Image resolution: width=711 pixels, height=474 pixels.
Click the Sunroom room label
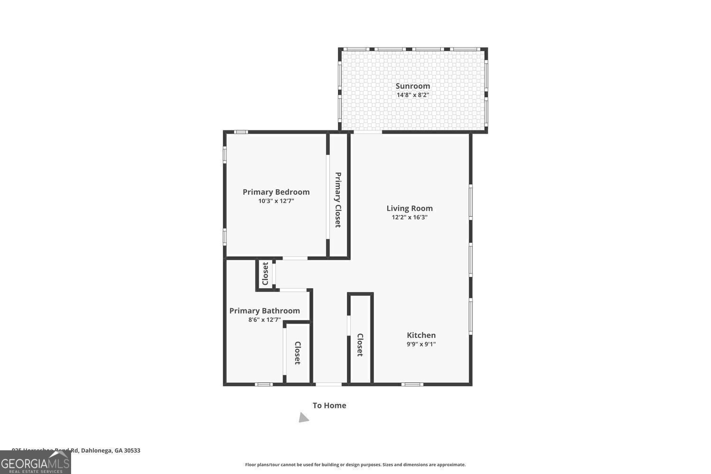pyautogui.click(x=412, y=86)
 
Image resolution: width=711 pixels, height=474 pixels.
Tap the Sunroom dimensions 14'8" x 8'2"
pyautogui.click(x=412, y=95)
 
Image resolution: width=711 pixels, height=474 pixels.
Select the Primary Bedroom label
pyautogui.click(x=276, y=192)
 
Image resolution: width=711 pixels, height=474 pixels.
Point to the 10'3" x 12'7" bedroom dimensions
pyautogui.click(x=276, y=201)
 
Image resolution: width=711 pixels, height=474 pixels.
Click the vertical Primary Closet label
pyautogui.click(x=338, y=200)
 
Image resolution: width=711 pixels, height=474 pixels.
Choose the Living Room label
pyautogui.click(x=410, y=208)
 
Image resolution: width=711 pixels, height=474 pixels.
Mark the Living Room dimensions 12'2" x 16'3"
pyautogui.click(x=410, y=217)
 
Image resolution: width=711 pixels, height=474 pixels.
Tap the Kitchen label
pyautogui.click(x=421, y=335)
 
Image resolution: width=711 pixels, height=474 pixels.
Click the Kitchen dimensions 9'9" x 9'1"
pyautogui.click(x=421, y=345)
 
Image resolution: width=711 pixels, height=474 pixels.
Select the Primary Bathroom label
pyautogui.click(x=264, y=310)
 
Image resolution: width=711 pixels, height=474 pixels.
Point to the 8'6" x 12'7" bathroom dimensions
pyautogui.click(x=264, y=319)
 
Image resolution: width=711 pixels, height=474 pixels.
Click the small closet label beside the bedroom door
pyautogui.click(x=265, y=273)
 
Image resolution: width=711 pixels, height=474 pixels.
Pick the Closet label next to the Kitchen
pyautogui.click(x=360, y=345)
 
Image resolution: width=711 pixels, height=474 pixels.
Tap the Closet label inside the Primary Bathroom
pyautogui.click(x=297, y=353)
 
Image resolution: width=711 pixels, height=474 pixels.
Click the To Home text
pyautogui.click(x=329, y=405)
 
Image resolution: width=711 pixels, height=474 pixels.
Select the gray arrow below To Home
pyautogui.click(x=303, y=418)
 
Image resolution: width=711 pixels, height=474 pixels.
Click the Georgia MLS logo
pyautogui.click(x=35, y=462)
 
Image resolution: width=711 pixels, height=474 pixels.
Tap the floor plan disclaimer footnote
pyautogui.click(x=355, y=465)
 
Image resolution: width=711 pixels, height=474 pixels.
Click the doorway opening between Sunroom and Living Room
pyautogui.click(x=368, y=132)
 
